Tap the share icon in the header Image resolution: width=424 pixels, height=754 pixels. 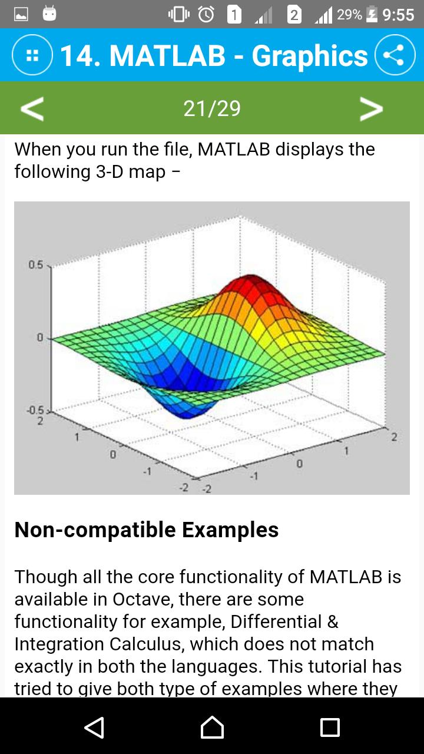395,56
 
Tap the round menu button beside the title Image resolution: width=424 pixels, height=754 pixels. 32,56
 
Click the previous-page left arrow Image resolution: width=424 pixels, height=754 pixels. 32,108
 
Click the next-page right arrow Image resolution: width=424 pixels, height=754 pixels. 371,108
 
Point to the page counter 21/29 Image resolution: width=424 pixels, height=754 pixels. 212,108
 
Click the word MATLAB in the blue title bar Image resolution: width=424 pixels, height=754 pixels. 167,56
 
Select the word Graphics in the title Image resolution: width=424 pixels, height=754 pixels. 310,56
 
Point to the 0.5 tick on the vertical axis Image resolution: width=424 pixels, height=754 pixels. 35,265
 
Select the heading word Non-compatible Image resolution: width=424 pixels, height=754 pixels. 95,530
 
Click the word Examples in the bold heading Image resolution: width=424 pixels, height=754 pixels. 230,530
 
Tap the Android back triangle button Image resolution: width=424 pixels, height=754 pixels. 94,727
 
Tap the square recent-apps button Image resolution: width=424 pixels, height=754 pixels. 330,727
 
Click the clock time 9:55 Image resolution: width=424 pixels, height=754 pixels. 398,15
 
